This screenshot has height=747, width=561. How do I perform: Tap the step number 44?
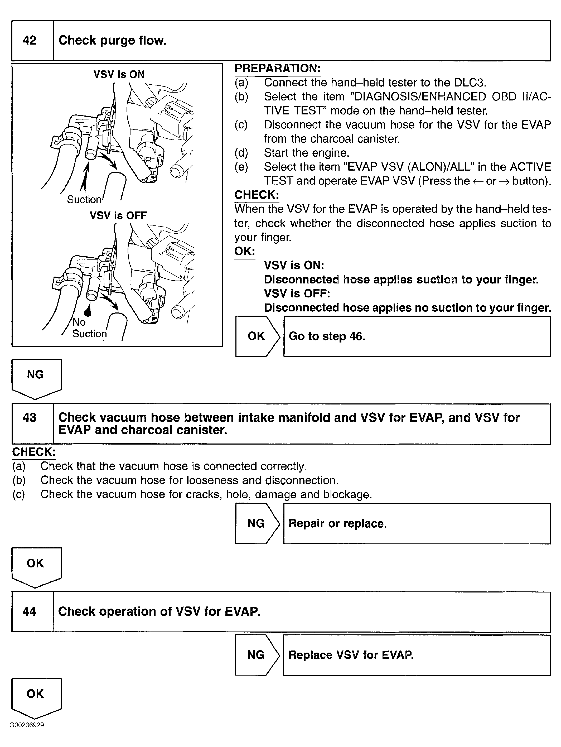pos(29,611)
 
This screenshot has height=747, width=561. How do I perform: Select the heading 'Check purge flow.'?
pos(112,41)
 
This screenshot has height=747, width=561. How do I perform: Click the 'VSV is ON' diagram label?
pos(119,74)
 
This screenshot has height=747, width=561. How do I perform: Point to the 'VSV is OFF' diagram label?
pos(118,215)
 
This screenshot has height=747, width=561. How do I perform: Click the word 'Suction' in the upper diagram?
pos(84,200)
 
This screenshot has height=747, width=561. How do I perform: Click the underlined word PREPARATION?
pos(277,68)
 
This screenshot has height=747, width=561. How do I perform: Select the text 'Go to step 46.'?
pos(327,336)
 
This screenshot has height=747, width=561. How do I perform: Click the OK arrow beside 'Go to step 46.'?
pos(257,336)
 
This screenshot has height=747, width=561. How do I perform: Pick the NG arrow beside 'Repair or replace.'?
pos(256,523)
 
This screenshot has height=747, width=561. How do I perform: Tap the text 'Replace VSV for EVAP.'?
pos(351,655)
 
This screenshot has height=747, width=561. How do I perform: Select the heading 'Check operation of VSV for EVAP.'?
pos(159,611)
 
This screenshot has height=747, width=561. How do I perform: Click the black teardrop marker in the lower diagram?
pos(88,312)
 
